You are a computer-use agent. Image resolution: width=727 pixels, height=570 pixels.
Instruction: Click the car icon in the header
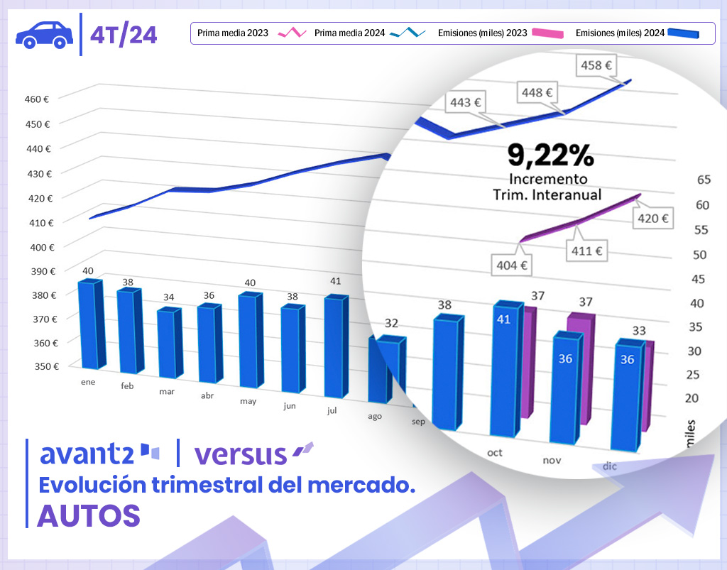(43, 34)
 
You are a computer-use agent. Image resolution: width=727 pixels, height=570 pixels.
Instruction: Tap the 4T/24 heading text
(124, 35)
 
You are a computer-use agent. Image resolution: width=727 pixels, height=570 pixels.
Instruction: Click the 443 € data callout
(466, 103)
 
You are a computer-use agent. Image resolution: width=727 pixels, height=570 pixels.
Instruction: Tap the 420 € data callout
(653, 219)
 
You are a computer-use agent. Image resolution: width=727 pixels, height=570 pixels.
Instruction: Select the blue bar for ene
(89, 324)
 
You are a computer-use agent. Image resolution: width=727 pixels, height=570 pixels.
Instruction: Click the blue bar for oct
(505, 369)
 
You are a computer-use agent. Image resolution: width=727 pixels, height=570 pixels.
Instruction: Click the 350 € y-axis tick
(47, 366)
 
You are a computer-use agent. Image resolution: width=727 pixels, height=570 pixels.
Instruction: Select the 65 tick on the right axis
(704, 180)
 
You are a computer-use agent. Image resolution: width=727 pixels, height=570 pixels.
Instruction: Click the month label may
(248, 401)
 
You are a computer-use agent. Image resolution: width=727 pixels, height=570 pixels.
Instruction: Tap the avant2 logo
(99, 453)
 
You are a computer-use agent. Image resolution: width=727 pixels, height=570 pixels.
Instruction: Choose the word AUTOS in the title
(88, 515)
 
